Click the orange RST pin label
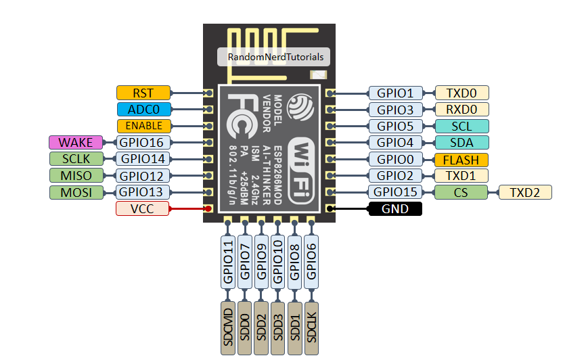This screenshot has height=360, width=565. click(143, 93)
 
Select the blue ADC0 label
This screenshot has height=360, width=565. click(143, 110)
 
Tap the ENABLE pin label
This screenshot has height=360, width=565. click(143, 126)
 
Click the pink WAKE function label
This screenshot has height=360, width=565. click(75, 142)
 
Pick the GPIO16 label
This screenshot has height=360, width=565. click(143, 142)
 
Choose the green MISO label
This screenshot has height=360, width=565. click(75, 176)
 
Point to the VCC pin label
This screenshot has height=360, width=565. click(143, 209)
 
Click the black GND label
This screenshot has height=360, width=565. click(394, 209)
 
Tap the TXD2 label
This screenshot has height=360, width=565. click(526, 193)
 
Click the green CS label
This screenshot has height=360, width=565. click(461, 193)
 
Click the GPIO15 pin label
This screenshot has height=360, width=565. click(394, 193)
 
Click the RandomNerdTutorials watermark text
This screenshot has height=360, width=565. click(275, 58)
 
